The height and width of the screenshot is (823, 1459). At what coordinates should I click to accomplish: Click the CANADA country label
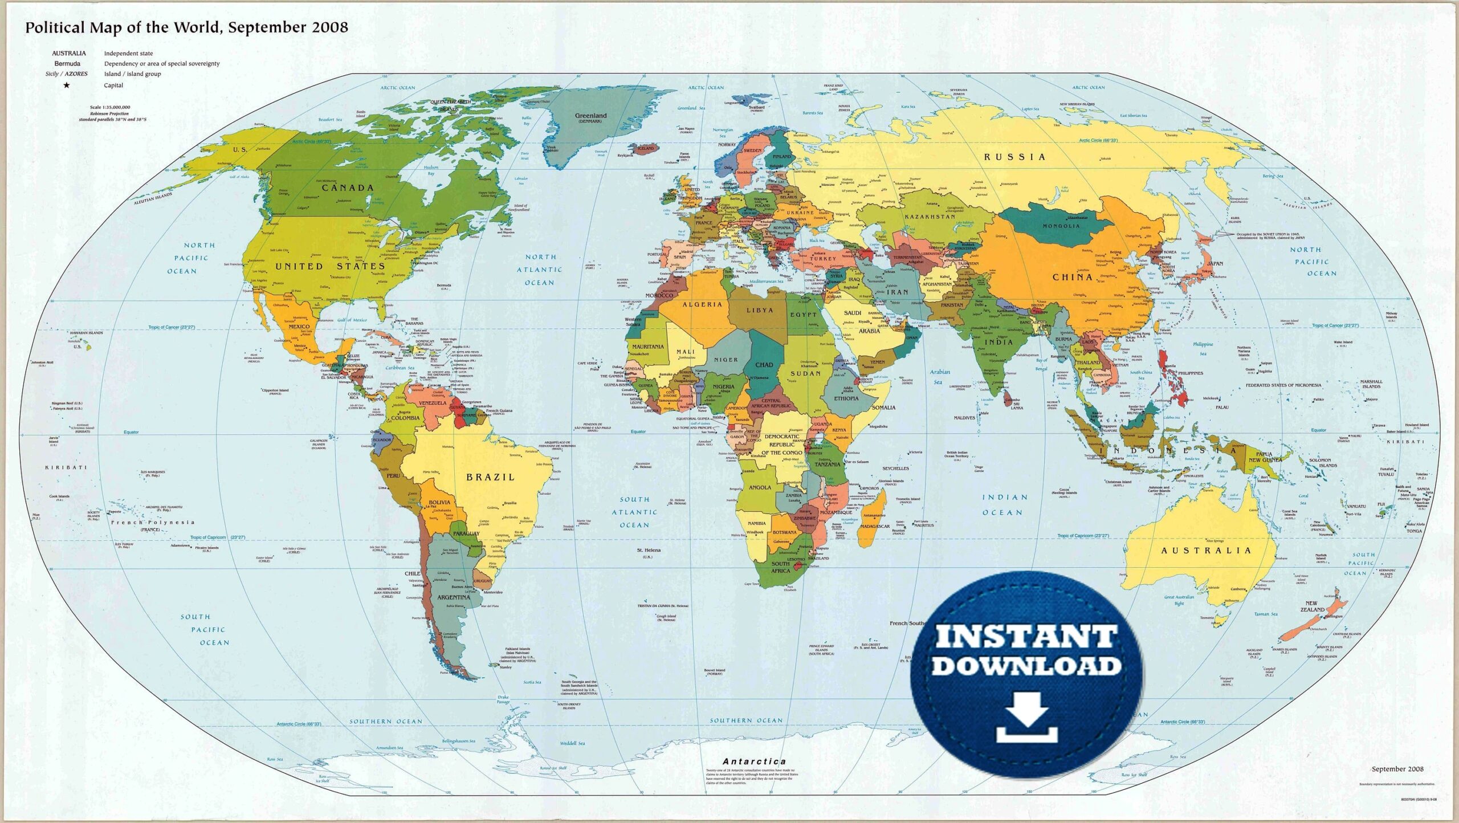click(348, 188)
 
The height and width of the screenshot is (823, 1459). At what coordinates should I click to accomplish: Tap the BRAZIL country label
click(490, 477)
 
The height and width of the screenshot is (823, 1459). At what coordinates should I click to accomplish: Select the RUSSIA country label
click(1015, 157)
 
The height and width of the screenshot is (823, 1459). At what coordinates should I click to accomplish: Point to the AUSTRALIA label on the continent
click(1206, 551)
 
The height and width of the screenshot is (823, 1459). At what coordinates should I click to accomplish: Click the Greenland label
click(590, 116)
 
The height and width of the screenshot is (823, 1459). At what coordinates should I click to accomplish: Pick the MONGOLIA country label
click(1061, 226)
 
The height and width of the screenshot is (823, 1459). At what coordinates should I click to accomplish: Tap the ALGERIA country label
click(702, 304)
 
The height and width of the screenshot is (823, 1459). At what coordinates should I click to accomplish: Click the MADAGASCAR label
click(875, 526)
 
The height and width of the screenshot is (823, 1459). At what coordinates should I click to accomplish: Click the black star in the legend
click(67, 85)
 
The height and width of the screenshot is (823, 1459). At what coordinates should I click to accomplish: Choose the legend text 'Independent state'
click(128, 54)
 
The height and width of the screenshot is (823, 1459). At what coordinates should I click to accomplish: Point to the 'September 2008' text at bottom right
click(1397, 769)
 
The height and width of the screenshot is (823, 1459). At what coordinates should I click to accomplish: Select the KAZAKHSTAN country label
click(930, 217)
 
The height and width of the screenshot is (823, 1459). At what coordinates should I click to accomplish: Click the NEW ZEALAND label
click(1312, 606)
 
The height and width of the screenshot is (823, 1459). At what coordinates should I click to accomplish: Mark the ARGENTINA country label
click(454, 597)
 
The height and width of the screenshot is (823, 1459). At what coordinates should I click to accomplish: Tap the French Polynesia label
click(153, 522)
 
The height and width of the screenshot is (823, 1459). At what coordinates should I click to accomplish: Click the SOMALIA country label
click(883, 408)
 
